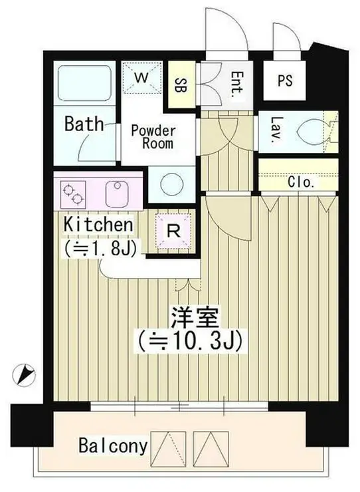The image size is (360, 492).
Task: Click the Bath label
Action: pos(84,124)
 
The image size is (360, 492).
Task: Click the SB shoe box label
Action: pos(179,84)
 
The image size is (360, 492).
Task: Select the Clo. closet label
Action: pos(301,182)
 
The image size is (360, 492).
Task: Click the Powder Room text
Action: pos(153,136)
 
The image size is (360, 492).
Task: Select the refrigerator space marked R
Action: pos(173,231)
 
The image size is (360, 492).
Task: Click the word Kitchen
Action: pos(98,225)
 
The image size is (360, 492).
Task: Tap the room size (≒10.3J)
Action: pos(189,342)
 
